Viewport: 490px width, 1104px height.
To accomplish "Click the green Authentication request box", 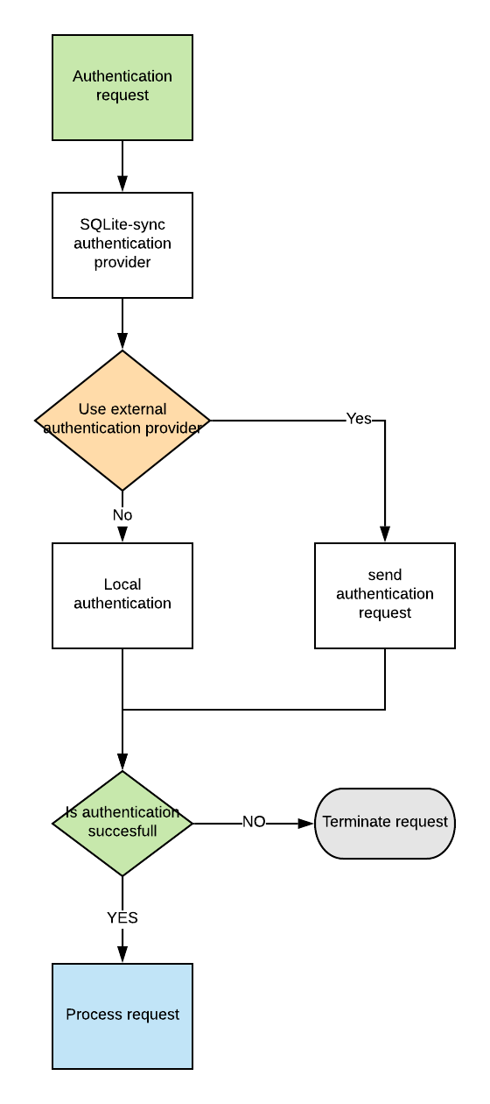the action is point(122,88).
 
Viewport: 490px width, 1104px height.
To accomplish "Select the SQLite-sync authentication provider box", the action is point(122,245).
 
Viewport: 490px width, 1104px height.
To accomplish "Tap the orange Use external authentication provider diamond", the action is point(122,420).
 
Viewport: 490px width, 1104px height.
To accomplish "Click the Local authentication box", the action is point(122,596).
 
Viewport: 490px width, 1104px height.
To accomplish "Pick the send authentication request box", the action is point(385,596).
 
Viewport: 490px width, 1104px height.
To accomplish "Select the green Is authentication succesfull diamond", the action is point(122,823).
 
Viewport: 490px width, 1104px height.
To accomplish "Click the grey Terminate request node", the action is point(385,823).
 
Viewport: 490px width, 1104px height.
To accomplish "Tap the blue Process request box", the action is point(122,1016).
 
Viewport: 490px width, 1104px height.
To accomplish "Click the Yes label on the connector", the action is point(359,419).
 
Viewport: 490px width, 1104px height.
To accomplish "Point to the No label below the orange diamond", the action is point(122,515).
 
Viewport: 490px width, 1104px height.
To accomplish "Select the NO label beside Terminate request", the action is point(254,822).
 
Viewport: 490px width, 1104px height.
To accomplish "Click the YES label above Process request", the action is point(122,917).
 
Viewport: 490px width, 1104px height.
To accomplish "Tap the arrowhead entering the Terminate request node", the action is point(306,823).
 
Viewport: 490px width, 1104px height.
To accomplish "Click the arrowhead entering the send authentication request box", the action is point(385,534).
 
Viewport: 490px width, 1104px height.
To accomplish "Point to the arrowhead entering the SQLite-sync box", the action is point(122,184).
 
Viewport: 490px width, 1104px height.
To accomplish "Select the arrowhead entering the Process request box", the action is point(122,955).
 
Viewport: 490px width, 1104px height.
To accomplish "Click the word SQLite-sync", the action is point(122,224).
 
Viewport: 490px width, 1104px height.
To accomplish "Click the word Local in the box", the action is point(122,584).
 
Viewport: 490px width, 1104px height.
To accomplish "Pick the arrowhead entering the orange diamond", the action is point(122,342).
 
